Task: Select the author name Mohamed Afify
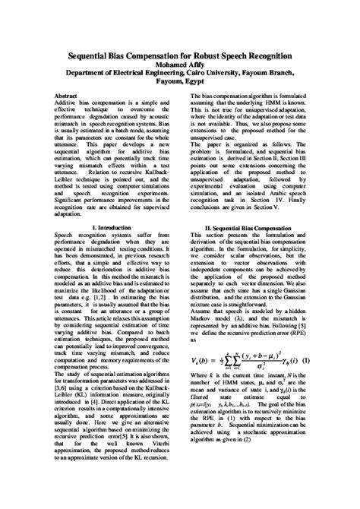point(180,65)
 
